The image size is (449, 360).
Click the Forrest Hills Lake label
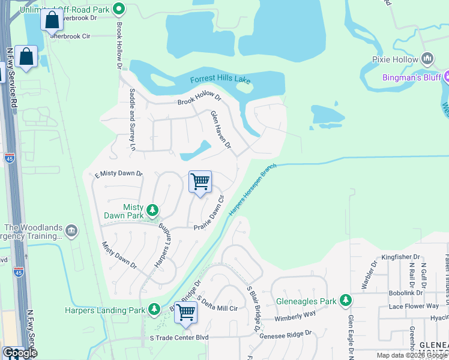point(220,79)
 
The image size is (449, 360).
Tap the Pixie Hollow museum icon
point(427,59)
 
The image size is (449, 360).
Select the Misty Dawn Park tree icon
point(153,209)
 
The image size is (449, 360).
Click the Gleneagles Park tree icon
point(345,300)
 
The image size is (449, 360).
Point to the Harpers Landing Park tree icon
point(154,309)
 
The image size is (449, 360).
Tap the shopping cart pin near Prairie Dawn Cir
point(200,181)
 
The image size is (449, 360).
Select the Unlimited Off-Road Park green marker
point(119,9)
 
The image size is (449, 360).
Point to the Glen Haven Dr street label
point(220,129)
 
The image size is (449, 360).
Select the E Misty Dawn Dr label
point(119,174)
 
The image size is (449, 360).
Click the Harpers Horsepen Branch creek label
point(252,189)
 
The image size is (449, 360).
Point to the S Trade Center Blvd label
point(178,338)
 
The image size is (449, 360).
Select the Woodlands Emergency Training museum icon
point(71,230)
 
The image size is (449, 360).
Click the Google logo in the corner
point(19,353)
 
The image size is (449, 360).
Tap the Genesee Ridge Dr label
point(286,334)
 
